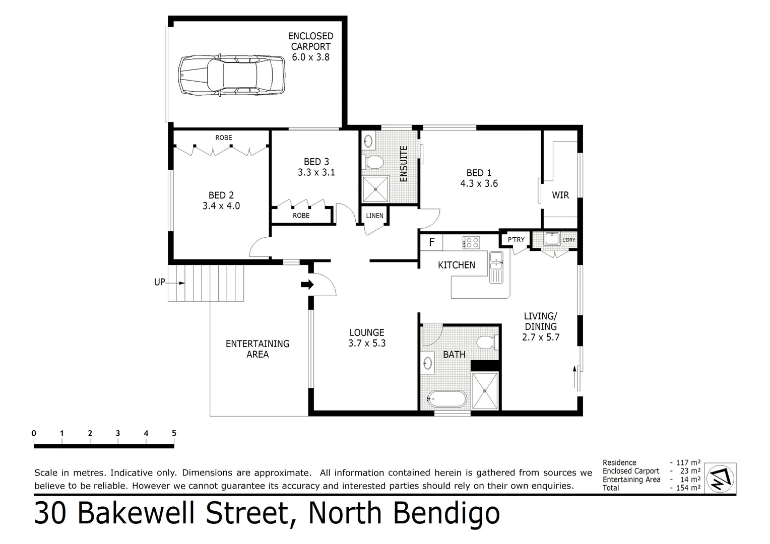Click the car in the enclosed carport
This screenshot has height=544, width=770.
(232, 76)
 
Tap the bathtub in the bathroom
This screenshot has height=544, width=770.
(447, 399)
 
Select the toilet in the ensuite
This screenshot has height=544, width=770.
(373, 162)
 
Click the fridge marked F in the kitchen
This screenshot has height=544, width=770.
(431, 242)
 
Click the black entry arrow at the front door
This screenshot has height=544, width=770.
(307, 285)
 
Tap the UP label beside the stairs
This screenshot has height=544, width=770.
(159, 282)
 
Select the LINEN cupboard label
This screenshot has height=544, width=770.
(374, 216)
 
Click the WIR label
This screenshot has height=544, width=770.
(560, 195)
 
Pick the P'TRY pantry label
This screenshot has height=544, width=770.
(516, 240)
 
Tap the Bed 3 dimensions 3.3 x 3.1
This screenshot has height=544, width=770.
(316, 172)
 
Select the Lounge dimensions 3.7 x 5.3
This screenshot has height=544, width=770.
(367, 344)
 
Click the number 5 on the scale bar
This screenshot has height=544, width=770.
(174, 433)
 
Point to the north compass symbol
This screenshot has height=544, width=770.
(720, 478)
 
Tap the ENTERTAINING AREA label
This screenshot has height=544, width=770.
(258, 349)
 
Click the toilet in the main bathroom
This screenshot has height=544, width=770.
(487, 343)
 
